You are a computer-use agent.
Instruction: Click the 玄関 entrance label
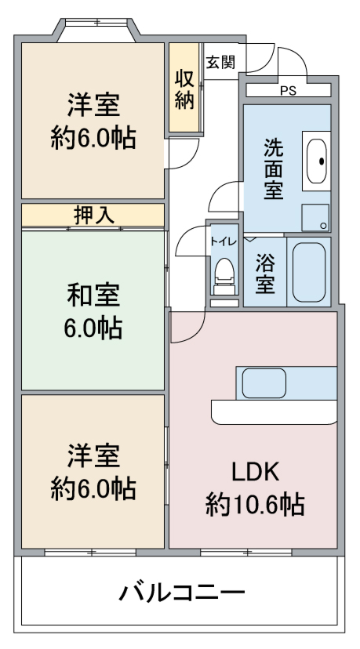tap(221, 62)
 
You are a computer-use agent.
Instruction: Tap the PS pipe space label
tap(289, 91)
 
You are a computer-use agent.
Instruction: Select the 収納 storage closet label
tap(184, 89)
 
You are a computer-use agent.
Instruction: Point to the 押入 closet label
tap(93, 216)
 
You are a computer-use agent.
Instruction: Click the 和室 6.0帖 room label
tap(93, 312)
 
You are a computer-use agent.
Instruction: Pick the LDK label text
tap(254, 472)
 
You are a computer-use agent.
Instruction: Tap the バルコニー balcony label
tap(182, 593)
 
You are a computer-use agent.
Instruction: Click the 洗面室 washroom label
tap(274, 169)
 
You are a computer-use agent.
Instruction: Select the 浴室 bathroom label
tap(265, 273)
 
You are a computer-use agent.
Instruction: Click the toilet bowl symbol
tap(224, 275)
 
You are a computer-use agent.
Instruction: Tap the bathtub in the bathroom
tap(309, 272)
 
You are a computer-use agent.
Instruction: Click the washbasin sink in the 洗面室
tap(317, 161)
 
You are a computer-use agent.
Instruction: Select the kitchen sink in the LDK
tap(264, 383)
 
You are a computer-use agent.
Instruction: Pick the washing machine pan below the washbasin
tap(315, 218)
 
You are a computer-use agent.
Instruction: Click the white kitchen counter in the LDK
tap(274, 412)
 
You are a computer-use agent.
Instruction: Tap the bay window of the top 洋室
tap(96, 29)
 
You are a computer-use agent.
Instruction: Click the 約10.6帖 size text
tap(255, 504)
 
